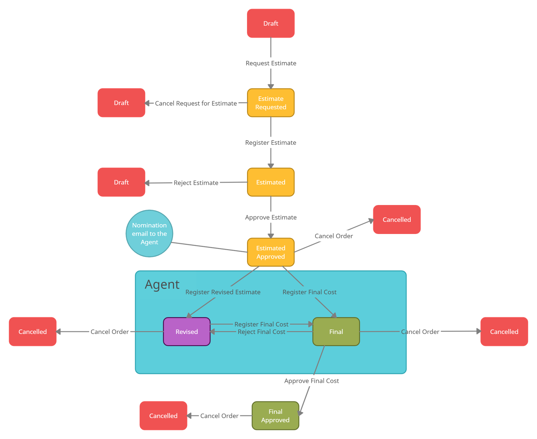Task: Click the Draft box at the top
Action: [271, 23]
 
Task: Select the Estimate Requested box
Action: [271, 103]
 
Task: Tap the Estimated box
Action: [271, 182]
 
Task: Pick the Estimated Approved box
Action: [271, 252]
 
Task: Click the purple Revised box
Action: [187, 332]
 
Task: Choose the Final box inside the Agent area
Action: [336, 332]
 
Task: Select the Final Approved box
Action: [275, 416]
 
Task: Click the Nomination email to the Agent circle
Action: [149, 233]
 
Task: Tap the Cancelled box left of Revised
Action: [33, 332]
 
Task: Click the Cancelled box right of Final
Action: [504, 332]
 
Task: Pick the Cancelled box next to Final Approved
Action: [163, 416]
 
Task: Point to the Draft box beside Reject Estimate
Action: [121, 182]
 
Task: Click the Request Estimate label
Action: [271, 63]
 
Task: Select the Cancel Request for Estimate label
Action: [196, 103]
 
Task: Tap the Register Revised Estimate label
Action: [223, 292]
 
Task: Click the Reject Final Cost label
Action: [261, 332]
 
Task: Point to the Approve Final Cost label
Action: [311, 381]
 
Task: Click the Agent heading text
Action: [162, 284]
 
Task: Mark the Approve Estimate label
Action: [271, 217]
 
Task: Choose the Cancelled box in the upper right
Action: [397, 220]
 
